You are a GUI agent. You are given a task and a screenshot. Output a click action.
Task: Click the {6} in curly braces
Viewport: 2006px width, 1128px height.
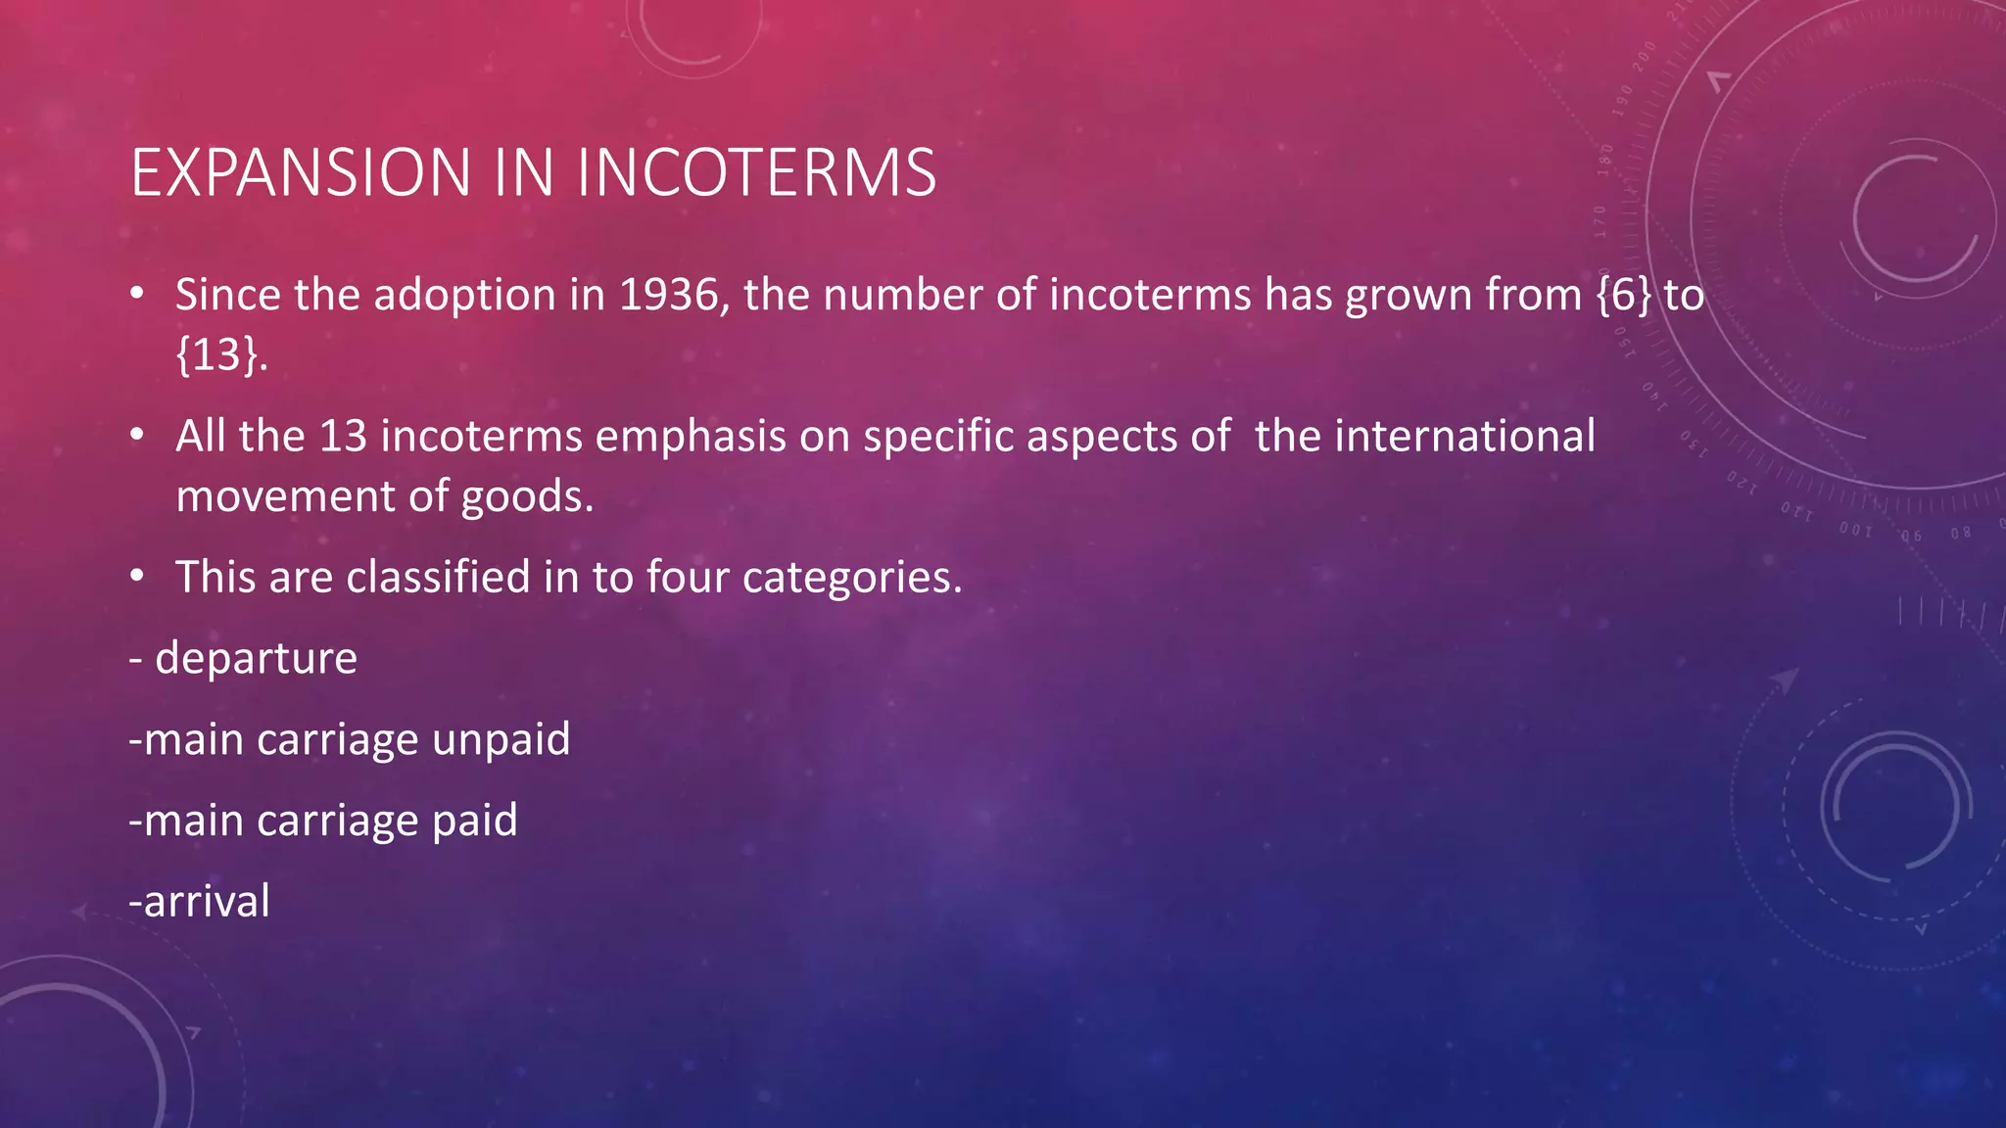[x=1623, y=295]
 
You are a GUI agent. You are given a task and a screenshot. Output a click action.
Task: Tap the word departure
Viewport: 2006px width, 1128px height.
[x=257, y=658]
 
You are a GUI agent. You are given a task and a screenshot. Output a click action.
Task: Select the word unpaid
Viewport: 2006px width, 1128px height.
[x=501, y=739]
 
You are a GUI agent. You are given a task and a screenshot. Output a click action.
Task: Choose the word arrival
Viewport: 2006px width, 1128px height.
[x=207, y=902]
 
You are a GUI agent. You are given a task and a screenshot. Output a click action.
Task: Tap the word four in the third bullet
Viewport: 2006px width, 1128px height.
[x=688, y=577]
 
